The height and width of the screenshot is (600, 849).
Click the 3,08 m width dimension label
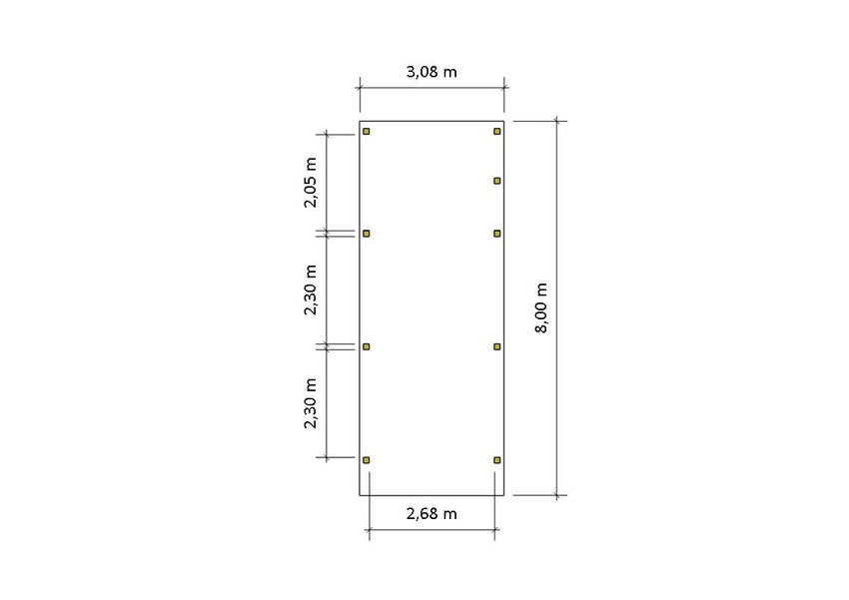(x=431, y=72)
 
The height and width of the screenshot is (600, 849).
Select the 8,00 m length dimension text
(x=541, y=307)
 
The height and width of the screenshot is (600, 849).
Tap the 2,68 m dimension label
(x=431, y=514)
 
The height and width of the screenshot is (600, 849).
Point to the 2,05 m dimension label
(x=311, y=183)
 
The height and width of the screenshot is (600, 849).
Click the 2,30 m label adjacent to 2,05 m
(x=311, y=290)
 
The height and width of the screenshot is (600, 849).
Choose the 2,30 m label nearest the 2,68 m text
(x=311, y=403)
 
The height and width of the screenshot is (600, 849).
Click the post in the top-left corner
(x=367, y=132)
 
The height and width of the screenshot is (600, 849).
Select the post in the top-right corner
(x=497, y=132)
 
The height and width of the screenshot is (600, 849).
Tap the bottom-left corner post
(x=367, y=460)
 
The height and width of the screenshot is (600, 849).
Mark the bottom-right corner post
(x=497, y=460)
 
